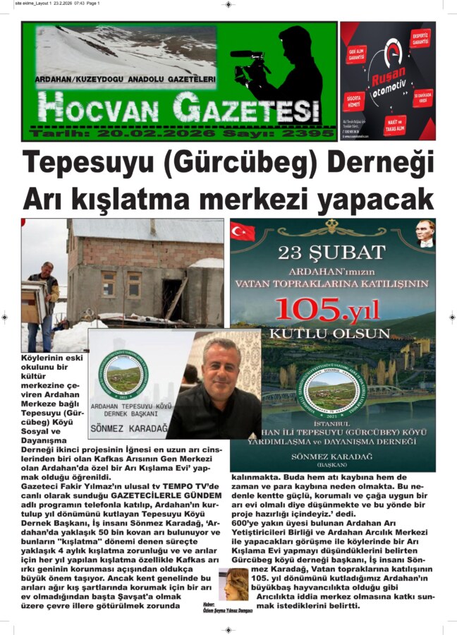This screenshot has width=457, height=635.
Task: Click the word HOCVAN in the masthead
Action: click(x=92, y=108)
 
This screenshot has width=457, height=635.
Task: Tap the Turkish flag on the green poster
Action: click(x=243, y=231)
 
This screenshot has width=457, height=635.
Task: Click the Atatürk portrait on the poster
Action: click(x=425, y=234)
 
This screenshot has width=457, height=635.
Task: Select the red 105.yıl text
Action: click(x=332, y=308)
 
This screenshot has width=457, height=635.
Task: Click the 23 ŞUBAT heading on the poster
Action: click(x=332, y=252)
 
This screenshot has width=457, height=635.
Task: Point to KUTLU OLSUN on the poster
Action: click(x=332, y=332)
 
